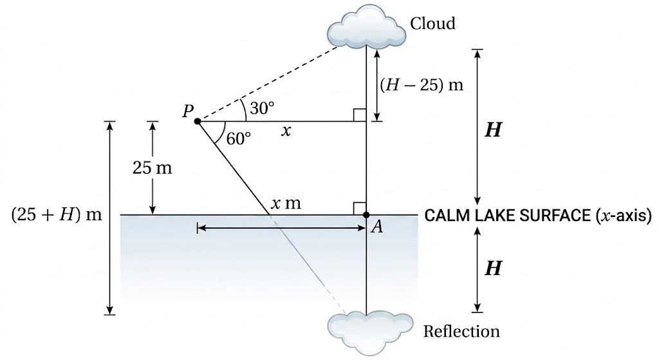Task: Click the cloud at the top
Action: pyautogui.click(x=366, y=26)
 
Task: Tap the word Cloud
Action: pyautogui.click(x=432, y=23)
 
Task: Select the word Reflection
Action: pyautogui.click(x=461, y=332)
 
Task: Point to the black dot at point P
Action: pyautogui.click(x=197, y=122)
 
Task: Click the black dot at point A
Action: pyautogui.click(x=366, y=215)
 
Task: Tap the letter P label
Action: pyautogui.click(x=188, y=111)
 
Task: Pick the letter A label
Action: pyautogui.click(x=377, y=227)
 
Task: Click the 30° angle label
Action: pyautogui.click(x=262, y=108)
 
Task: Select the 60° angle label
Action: pyautogui.click(x=238, y=138)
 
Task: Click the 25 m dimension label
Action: pyautogui.click(x=152, y=168)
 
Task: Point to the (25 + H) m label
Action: pyautogui.click(x=57, y=215)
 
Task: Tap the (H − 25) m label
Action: pyautogui.click(x=422, y=85)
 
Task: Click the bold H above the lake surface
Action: pyautogui.click(x=492, y=130)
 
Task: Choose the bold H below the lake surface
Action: pyautogui.click(x=492, y=268)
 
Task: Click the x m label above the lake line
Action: pyautogui.click(x=286, y=204)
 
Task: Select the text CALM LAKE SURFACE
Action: pyautogui.click(x=508, y=215)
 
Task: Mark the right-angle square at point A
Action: pyautogui.click(x=360, y=209)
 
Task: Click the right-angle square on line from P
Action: pyautogui.click(x=360, y=115)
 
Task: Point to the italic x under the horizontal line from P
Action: pyautogui.click(x=286, y=131)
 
